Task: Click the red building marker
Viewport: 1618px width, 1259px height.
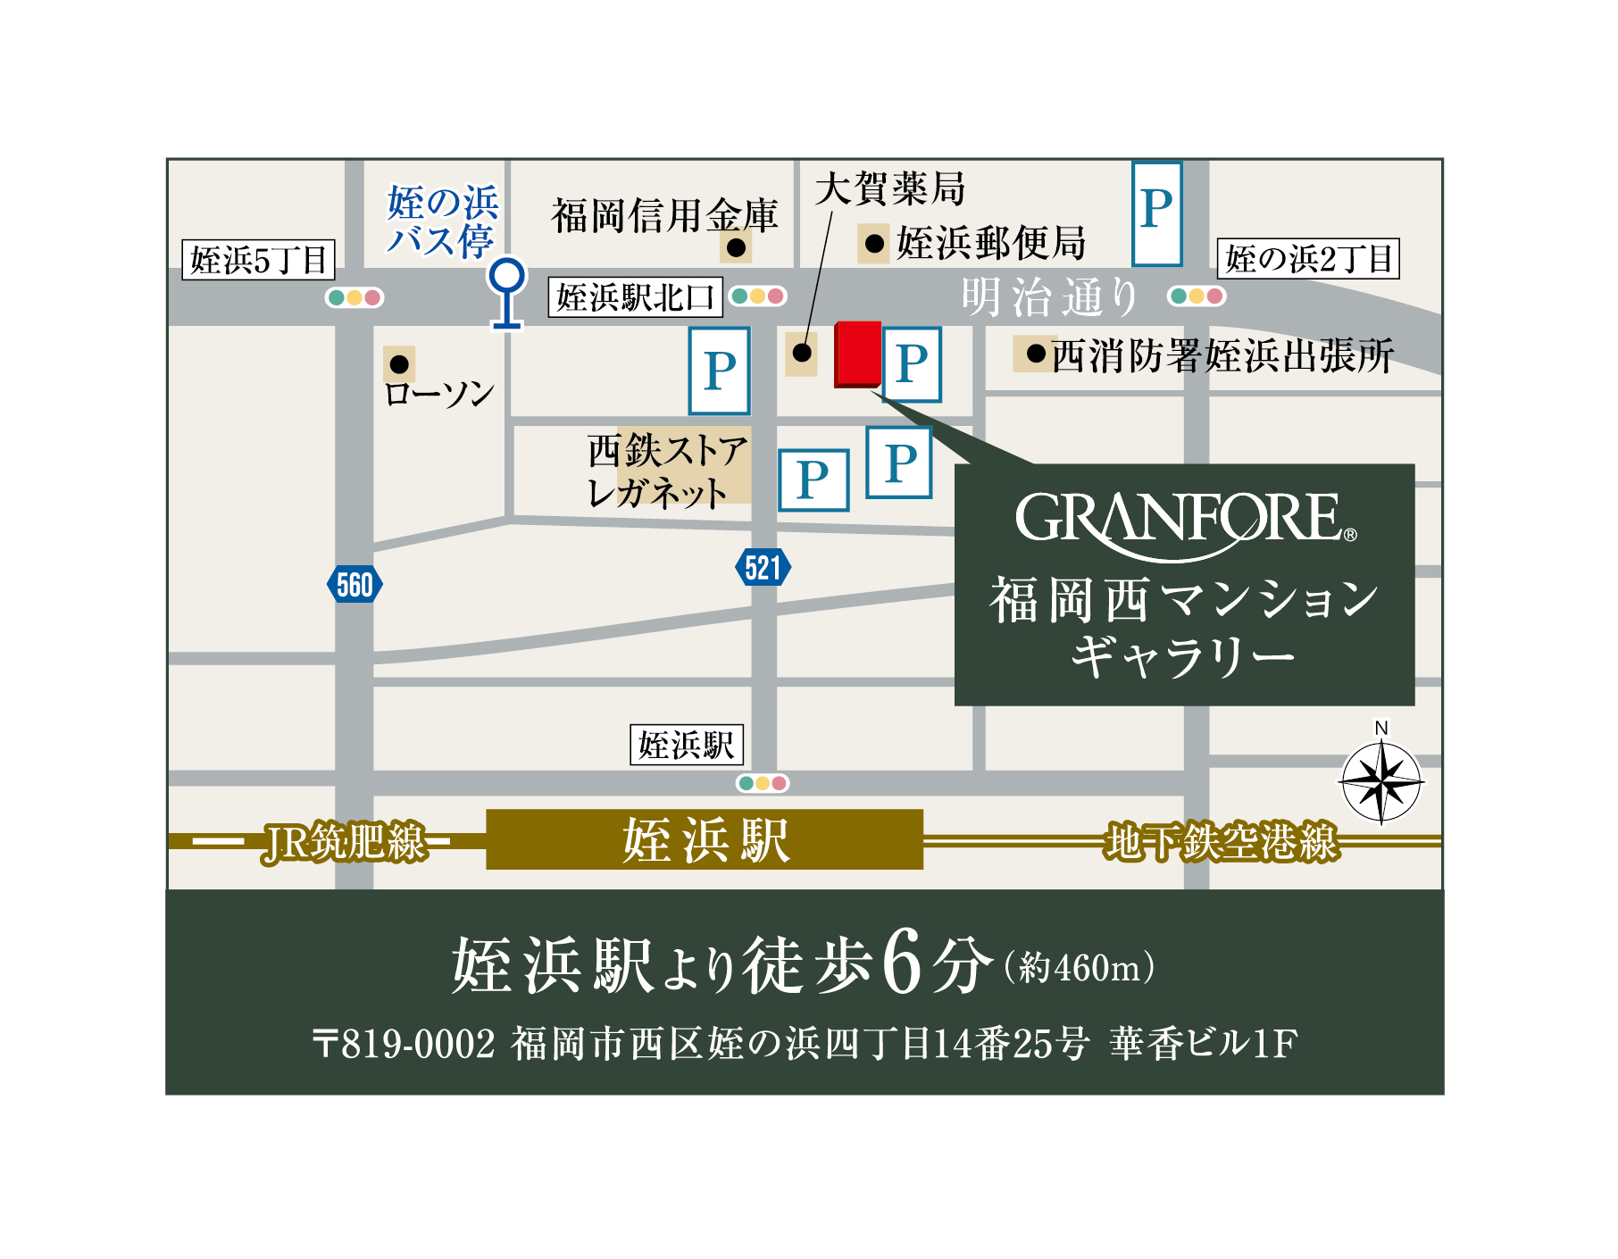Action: [858, 354]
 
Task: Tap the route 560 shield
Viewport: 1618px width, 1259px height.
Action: [354, 585]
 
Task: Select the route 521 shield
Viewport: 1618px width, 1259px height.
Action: [763, 567]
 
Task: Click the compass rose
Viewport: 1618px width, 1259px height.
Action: [1380, 782]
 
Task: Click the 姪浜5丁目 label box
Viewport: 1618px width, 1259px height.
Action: [259, 260]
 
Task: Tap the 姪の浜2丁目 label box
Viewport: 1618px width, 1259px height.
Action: [1308, 259]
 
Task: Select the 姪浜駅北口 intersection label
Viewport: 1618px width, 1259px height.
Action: [635, 297]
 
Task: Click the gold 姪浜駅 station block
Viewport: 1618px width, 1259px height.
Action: [705, 839]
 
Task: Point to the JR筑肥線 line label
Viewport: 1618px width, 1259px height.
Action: [345, 842]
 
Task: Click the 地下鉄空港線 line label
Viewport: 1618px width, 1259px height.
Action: [1222, 842]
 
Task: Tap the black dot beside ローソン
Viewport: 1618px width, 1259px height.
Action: [399, 364]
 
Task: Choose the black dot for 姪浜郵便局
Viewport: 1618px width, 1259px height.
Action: [874, 243]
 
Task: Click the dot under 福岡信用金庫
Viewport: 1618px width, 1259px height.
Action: [736, 247]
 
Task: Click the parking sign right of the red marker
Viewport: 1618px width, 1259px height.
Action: [912, 364]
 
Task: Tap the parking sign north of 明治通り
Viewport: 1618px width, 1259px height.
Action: [1156, 213]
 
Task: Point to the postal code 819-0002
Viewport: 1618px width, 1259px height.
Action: [418, 1043]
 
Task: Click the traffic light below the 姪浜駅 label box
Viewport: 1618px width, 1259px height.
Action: [763, 783]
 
